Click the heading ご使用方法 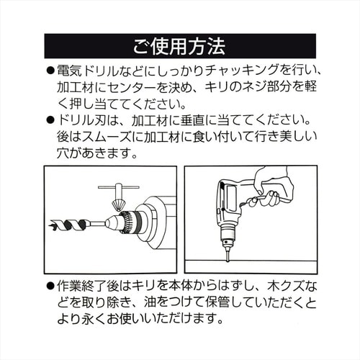pyautogui.click(x=179, y=46)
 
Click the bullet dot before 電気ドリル pyautogui.click(x=50, y=71)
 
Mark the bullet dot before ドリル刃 pyautogui.click(x=50, y=120)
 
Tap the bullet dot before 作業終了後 pyautogui.click(x=50, y=287)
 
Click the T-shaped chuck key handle pyautogui.click(x=119, y=187)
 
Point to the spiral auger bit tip pyautogui.click(x=51, y=226)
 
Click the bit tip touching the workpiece pyautogui.click(x=228, y=260)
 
